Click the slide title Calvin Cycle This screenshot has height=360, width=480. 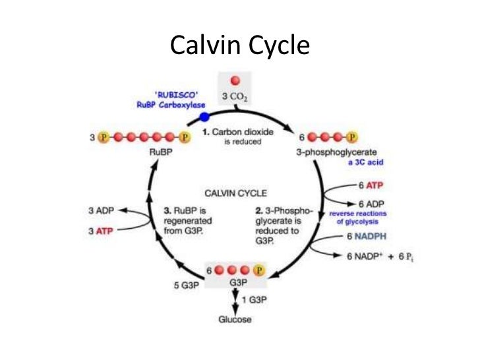click(x=239, y=45)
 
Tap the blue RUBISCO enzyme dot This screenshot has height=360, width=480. click(x=204, y=117)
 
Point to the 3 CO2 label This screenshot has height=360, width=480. click(x=234, y=96)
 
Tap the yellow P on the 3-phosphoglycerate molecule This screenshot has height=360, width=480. click(x=353, y=137)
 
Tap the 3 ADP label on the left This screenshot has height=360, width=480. click(x=101, y=211)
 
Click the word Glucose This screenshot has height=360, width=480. click(x=236, y=320)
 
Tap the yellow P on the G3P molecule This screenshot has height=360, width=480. click(x=259, y=270)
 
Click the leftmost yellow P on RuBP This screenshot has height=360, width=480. click(x=103, y=137)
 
